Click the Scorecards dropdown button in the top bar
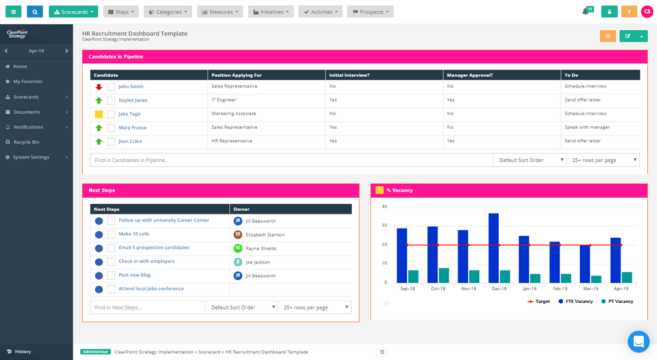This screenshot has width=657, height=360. click(73, 12)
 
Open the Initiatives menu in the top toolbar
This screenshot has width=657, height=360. click(271, 12)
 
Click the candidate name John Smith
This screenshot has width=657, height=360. click(131, 86)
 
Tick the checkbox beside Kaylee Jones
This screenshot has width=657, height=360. click(111, 100)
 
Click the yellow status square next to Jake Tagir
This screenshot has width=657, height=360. click(99, 114)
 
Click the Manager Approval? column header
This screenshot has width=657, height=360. click(470, 75)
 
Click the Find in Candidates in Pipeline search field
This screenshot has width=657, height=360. click(291, 160)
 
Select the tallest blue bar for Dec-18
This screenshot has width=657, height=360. click(493, 248)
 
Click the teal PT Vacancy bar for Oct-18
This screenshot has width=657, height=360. click(444, 275)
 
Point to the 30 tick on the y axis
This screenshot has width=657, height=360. click(384, 226)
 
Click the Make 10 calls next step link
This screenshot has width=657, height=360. click(134, 234)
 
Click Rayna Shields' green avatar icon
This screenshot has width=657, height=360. click(238, 248)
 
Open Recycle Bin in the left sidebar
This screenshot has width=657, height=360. click(26, 142)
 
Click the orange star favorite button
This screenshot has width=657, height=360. click(608, 36)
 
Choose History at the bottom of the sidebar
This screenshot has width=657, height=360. click(23, 351)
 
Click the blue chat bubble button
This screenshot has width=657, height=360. click(639, 342)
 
